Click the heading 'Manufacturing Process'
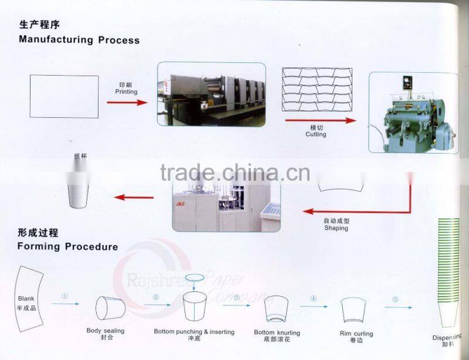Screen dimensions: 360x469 [x=79, y=40]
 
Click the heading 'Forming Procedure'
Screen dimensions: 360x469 [x=67, y=247]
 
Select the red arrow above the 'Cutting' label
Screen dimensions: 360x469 [x=321, y=120]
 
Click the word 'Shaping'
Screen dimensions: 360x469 [x=336, y=228]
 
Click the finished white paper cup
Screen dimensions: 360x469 [x=77, y=189]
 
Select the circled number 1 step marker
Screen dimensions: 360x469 [x=64, y=297]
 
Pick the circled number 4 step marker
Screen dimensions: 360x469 [x=314, y=298]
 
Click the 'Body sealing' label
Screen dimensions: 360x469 [x=106, y=331]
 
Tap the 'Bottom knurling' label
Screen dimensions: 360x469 [x=277, y=332]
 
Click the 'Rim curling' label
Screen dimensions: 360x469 [x=356, y=334]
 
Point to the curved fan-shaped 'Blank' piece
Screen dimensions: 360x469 [x=30, y=293]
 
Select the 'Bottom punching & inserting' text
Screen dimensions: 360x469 [x=194, y=332]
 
